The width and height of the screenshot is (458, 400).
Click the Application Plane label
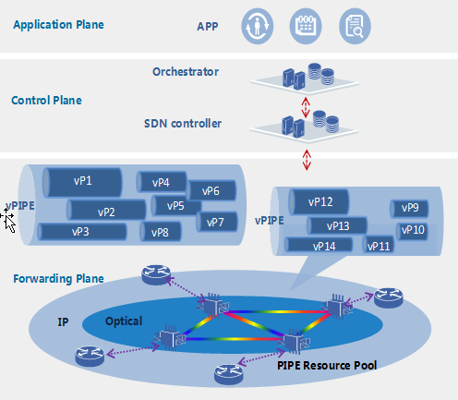point(58,25)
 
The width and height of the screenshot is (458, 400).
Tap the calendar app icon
point(306,26)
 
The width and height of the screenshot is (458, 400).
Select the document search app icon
point(355,26)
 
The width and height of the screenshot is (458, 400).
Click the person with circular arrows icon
point(258,26)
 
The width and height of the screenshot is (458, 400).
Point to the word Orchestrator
point(186,72)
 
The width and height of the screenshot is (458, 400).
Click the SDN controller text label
point(183,124)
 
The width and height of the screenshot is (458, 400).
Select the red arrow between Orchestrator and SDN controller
point(306,107)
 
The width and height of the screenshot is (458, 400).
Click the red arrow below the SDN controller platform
point(307,160)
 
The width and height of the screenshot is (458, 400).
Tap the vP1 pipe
point(82,182)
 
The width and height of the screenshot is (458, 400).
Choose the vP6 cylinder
point(211,190)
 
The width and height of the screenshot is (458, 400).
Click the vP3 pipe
point(82,232)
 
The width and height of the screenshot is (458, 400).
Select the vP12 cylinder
point(319,201)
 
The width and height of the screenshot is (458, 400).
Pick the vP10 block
point(412,230)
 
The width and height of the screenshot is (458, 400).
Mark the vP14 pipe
point(319,246)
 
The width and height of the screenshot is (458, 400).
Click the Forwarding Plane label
point(58,279)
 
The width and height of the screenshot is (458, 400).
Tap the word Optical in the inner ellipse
point(124,321)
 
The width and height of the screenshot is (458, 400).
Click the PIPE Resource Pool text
point(327,366)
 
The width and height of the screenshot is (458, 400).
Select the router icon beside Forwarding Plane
point(156,274)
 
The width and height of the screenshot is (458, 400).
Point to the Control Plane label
point(46,101)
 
